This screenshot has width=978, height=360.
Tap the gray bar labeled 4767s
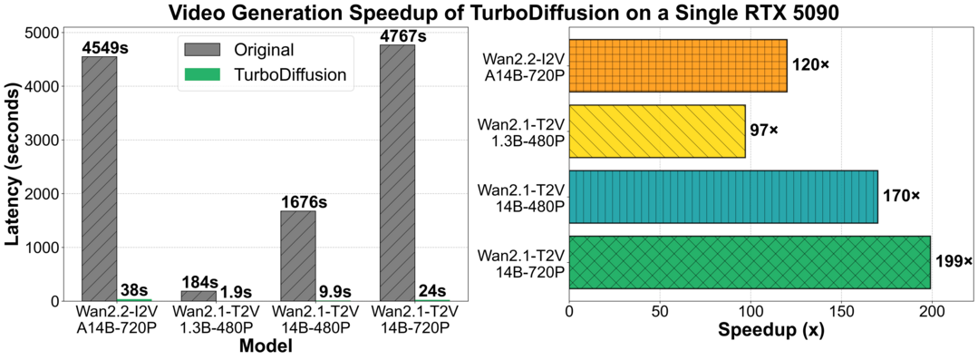(x=397, y=172)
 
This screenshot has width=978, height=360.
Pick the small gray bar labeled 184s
(x=199, y=296)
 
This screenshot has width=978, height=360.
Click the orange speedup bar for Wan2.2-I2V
(x=678, y=66)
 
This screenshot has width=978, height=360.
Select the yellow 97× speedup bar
(x=657, y=131)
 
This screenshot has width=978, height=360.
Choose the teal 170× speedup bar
(x=723, y=197)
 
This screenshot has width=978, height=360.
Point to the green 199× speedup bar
(x=750, y=262)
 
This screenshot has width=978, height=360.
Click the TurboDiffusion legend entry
(x=272, y=75)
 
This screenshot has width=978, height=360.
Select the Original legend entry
(x=257, y=47)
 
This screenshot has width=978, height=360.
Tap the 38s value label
(x=134, y=290)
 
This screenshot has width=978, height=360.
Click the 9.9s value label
(x=334, y=291)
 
